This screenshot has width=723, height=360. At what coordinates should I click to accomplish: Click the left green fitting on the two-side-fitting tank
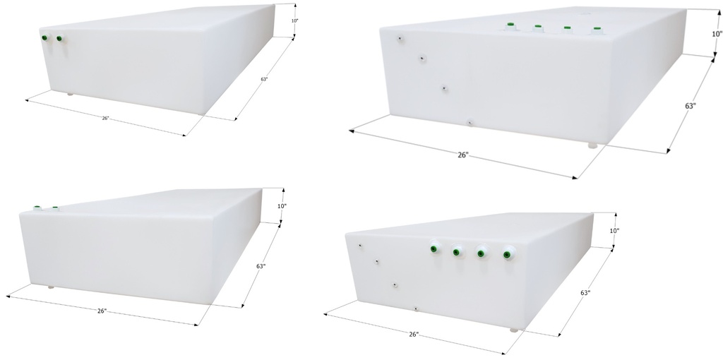(x=44, y=38)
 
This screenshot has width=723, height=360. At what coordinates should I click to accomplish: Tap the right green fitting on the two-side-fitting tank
(x=59, y=39)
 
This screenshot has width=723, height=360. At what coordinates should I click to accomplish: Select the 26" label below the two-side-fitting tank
(x=106, y=119)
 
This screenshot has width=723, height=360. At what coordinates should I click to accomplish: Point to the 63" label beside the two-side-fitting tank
(x=264, y=79)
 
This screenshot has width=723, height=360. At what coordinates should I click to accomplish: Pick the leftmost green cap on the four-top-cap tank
(x=510, y=25)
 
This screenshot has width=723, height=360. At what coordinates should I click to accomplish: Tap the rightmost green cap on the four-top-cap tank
(x=597, y=29)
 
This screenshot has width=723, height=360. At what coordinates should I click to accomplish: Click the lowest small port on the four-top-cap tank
(x=470, y=123)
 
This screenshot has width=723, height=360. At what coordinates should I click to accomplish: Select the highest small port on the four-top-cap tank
(x=400, y=38)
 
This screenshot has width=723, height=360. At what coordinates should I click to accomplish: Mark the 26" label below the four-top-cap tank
(x=463, y=155)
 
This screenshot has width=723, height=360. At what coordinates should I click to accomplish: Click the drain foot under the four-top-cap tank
(x=592, y=145)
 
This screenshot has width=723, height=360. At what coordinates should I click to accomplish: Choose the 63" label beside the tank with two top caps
(x=261, y=266)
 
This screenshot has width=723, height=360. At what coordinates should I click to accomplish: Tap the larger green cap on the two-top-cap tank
(x=37, y=208)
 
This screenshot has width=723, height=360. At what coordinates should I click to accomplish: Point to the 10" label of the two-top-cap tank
(x=282, y=206)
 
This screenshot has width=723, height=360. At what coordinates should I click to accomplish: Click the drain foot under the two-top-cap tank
(x=51, y=287)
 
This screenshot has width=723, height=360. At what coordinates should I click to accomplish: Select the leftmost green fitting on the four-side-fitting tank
(x=434, y=249)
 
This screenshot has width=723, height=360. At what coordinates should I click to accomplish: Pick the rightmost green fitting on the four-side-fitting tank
(x=506, y=254)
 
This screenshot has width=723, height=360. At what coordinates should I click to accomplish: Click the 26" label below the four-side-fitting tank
(x=414, y=334)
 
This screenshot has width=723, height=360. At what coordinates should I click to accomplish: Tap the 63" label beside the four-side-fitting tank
(x=585, y=293)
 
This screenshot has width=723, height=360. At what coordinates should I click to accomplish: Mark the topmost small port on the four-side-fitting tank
(x=360, y=246)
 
